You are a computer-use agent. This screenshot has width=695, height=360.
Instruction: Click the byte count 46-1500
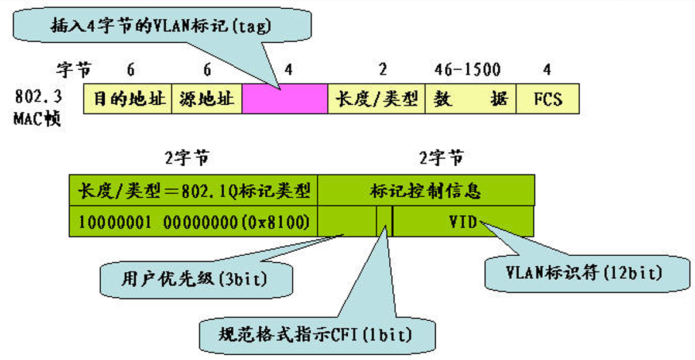click(x=467, y=70)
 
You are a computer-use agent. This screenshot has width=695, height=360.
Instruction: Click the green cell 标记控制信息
click(x=426, y=190)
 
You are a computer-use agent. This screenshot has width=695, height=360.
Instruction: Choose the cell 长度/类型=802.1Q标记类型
click(x=193, y=190)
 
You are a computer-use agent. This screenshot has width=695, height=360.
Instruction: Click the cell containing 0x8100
click(x=193, y=221)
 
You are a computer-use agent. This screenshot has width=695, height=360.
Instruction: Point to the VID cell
click(x=463, y=221)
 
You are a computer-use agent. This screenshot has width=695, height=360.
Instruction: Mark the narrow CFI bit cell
click(x=385, y=221)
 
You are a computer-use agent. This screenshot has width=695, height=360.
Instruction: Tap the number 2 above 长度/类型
click(x=382, y=70)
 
